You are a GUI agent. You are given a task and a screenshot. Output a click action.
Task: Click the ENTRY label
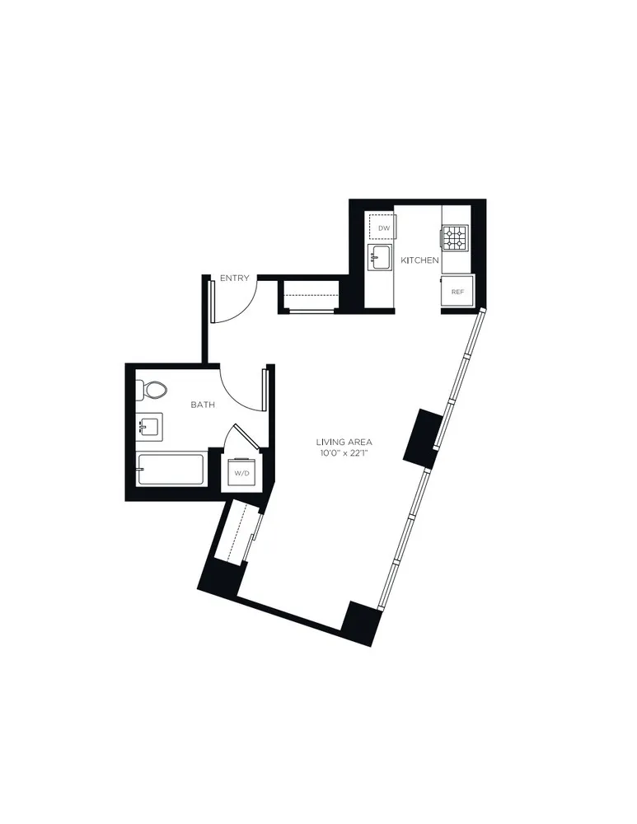tap(234, 279)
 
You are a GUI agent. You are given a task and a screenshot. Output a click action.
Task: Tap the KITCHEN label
tap(419, 260)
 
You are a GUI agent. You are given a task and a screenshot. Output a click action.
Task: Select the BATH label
tap(203, 405)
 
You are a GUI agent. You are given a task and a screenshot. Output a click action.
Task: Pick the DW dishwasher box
tap(383, 227)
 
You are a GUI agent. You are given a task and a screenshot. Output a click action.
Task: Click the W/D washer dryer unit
tap(241, 474)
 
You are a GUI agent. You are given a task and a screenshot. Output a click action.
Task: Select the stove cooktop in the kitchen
tap(455, 238)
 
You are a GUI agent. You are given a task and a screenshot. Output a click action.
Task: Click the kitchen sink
tap(380, 257)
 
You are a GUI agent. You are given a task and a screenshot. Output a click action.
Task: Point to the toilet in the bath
tap(152, 389)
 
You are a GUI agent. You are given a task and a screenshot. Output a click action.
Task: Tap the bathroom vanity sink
tap(150, 427)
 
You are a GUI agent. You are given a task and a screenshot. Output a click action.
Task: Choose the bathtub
tap(171, 470)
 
